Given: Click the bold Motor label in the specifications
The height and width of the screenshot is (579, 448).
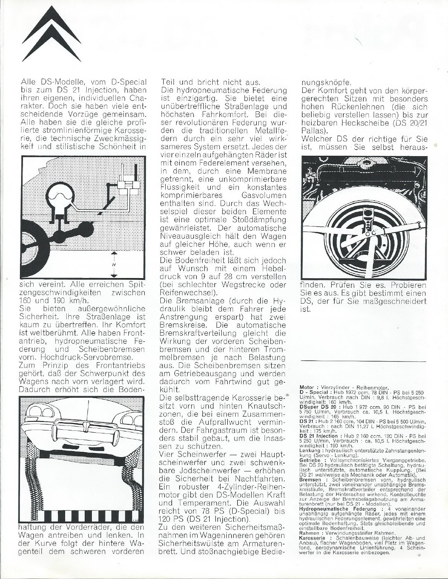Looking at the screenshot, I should click(x=307, y=387).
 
